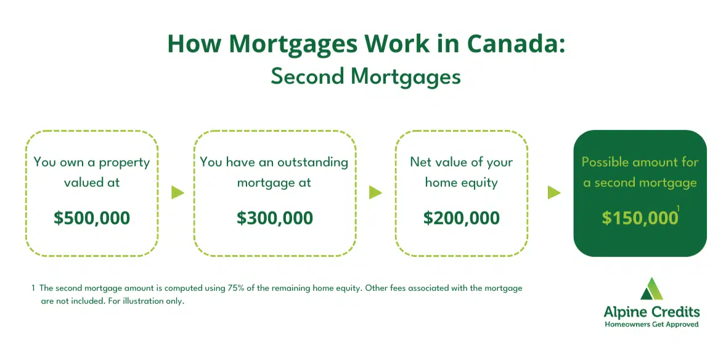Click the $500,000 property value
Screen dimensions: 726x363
tap(92, 218)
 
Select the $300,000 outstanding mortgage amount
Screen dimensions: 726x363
tap(275, 218)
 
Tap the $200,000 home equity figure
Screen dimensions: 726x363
tap(462, 218)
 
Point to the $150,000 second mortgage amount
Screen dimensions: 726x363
tap(640, 218)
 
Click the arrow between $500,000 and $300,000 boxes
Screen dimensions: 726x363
tap(177, 193)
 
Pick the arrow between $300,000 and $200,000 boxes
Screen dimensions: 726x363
tap(375, 193)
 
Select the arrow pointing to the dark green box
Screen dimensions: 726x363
tap(554, 193)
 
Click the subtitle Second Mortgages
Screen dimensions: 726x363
tap(366, 77)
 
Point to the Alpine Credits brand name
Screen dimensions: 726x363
tap(651, 312)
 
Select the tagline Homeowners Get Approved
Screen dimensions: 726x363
tap(651, 324)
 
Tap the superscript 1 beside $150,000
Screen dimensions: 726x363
tap(678, 208)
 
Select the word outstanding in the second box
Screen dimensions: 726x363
tap(312, 163)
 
